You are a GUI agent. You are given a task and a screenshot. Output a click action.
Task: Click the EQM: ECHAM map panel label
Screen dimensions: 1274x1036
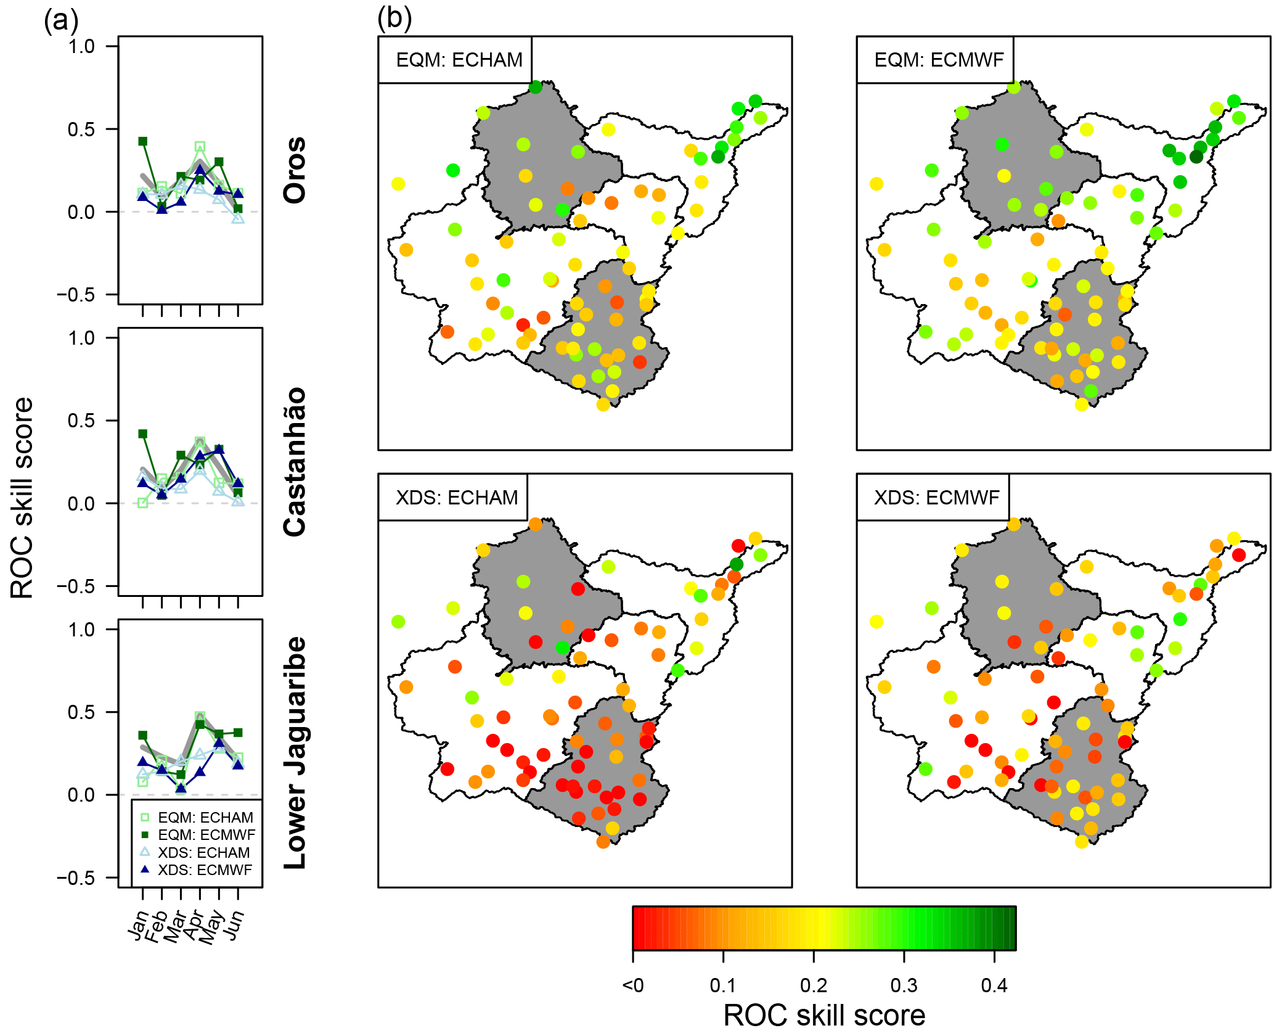pos(459,60)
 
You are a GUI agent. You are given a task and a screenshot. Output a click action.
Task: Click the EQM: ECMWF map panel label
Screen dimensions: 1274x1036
pos(939,60)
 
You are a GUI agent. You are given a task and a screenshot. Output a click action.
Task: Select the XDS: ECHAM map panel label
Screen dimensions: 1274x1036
pos(457,498)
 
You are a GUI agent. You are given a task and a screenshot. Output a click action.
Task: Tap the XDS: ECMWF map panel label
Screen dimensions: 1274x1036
pos(937,498)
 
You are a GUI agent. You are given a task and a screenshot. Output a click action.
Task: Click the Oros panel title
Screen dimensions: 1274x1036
pos(295,170)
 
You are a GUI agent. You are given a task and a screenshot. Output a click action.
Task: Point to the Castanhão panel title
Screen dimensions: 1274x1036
pos(295,462)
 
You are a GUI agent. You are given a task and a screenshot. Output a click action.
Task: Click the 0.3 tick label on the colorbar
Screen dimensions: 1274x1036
pos(904,985)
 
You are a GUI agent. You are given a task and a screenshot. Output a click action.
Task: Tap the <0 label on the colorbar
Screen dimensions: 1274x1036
pos(633,985)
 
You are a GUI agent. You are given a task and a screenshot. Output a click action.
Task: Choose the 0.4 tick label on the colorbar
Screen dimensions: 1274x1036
pos(994,985)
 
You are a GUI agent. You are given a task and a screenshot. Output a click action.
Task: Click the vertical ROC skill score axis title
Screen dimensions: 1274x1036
pos(22,498)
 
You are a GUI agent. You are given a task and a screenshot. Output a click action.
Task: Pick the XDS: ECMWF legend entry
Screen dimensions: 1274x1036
pos(198,870)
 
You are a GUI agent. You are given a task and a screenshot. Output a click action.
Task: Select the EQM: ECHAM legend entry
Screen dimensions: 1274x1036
pos(198,818)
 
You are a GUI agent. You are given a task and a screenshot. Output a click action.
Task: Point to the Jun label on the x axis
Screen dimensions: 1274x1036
pos(234,924)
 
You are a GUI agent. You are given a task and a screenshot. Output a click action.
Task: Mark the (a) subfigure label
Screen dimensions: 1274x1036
pos(61,21)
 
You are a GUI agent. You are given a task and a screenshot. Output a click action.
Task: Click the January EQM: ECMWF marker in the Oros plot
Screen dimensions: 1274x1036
pos(143,141)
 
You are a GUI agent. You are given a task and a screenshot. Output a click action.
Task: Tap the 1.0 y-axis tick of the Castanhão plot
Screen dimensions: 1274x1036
pos(82,338)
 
